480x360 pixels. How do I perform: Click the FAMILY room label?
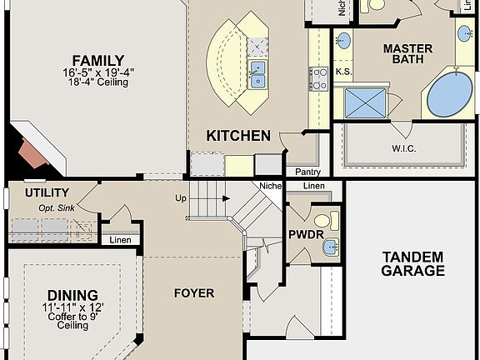tap(97, 60)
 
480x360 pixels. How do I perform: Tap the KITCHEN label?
tap(238, 135)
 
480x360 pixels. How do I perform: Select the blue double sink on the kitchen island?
tap(258, 74)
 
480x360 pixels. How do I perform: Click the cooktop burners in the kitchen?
tap(318, 78)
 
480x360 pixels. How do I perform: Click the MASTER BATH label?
tap(407, 54)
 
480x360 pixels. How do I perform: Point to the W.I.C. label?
tap(403, 148)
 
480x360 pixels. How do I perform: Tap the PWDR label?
tap(300, 234)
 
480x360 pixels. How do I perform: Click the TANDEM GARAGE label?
tap(412, 263)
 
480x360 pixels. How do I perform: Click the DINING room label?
tap(72, 295)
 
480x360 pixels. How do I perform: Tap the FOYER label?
tap(193, 292)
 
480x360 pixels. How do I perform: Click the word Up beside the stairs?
tap(179, 198)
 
